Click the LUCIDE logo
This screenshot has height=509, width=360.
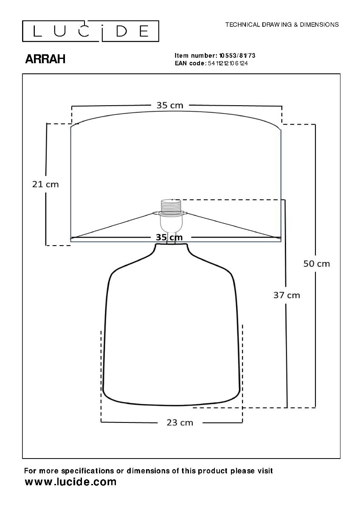tap(90, 31)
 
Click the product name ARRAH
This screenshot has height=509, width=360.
tap(45, 59)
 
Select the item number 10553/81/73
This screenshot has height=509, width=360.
tap(237, 56)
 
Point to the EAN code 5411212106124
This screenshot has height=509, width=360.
tap(228, 63)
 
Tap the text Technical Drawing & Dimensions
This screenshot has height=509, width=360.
tap(282, 25)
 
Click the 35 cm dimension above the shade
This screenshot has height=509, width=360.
tap(170, 105)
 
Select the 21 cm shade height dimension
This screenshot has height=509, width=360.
tap(45, 184)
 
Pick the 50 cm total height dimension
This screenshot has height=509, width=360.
tap(317, 263)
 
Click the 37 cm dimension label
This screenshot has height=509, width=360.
tap(287, 295)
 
